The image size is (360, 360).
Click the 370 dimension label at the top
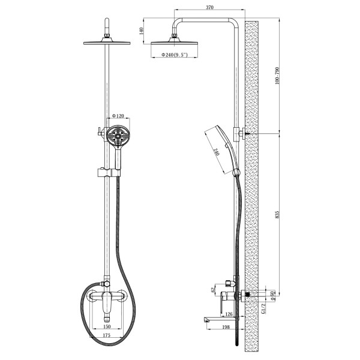click(209, 7)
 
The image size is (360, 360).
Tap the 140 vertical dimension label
click(141, 31)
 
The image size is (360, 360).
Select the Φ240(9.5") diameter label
click(175, 55)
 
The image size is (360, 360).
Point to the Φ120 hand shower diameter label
click(118, 116)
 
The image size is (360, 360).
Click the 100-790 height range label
click(277, 76)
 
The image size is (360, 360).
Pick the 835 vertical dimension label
click(277, 214)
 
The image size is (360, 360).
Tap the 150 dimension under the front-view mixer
click(107, 326)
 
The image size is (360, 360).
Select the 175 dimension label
click(107, 335)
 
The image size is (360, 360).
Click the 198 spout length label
click(226, 327)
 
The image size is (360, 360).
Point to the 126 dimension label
click(229, 314)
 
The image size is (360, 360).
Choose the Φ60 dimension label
click(272, 296)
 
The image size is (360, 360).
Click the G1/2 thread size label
click(263, 308)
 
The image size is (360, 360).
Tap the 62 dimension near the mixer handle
click(212, 290)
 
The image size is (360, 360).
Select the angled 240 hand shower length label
click(216, 152)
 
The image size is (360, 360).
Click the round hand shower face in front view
click(118, 135)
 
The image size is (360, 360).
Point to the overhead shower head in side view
click(174, 40)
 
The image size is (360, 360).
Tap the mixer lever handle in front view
click(106, 303)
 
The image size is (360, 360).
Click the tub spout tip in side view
click(205, 320)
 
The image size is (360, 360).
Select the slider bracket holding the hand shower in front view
click(109, 172)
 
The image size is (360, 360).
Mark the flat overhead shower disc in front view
click(107, 43)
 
